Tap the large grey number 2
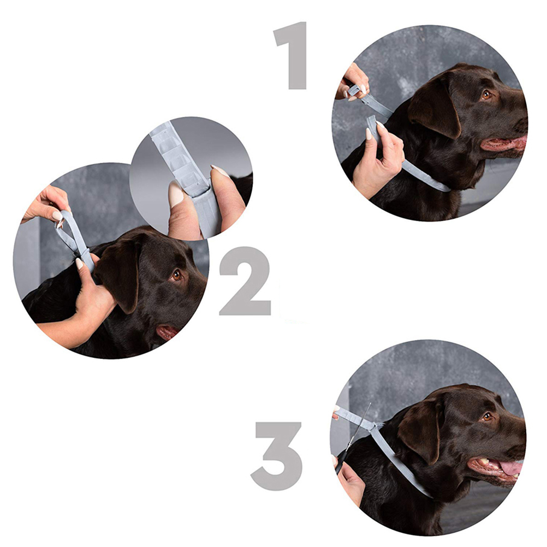tap(245, 281)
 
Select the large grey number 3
tap(277, 456)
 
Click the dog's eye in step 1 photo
tap(486, 94)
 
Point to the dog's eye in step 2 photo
tap(176, 275)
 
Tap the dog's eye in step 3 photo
tap(487, 416)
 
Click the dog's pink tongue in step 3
tap(511, 468)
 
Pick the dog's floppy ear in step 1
tap(435, 105)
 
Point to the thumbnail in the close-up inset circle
tap(176, 194)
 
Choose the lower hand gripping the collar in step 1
tap(378, 161)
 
